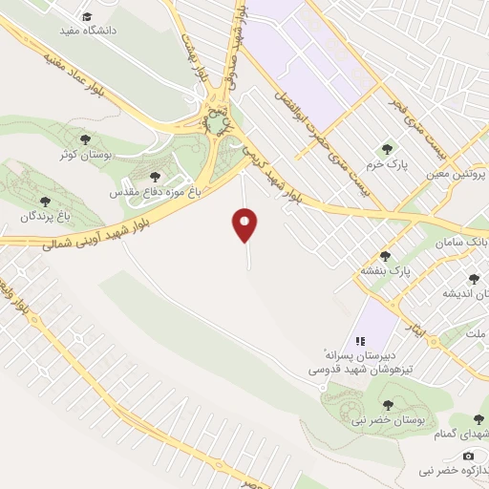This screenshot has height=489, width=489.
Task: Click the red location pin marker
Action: [x=245, y=225]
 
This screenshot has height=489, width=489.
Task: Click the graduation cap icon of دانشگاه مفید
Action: [x=87, y=16]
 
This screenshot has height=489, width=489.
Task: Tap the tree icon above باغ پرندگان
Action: [x=45, y=202]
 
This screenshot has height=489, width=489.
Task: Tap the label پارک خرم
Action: [x=390, y=163]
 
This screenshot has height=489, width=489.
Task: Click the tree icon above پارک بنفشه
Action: [x=386, y=256]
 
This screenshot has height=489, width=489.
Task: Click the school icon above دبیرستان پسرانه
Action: [x=360, y=340]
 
